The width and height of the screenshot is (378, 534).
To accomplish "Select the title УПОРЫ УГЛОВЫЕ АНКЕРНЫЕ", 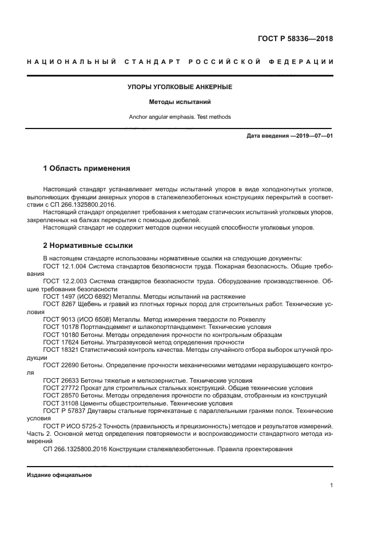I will point(179,87).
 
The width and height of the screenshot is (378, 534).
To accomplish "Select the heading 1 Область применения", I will point(87,168).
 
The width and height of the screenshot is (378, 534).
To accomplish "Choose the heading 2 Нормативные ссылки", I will point(88,246).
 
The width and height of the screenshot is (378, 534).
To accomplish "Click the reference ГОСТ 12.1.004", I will point(65,266).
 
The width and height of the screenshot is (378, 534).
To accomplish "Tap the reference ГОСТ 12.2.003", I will point(65,282).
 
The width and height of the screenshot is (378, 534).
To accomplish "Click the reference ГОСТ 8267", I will point(59,304).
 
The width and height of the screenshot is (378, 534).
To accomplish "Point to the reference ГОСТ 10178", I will point(61,327).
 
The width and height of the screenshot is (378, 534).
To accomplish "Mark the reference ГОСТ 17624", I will point(61,342).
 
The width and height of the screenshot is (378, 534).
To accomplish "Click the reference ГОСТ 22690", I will point(61,364).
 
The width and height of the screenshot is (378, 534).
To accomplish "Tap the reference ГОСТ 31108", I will point(61,402).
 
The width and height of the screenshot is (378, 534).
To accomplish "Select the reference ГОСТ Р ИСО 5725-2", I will point(75,425).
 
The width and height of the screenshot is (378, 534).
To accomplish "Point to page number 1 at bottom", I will point(331,485).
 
